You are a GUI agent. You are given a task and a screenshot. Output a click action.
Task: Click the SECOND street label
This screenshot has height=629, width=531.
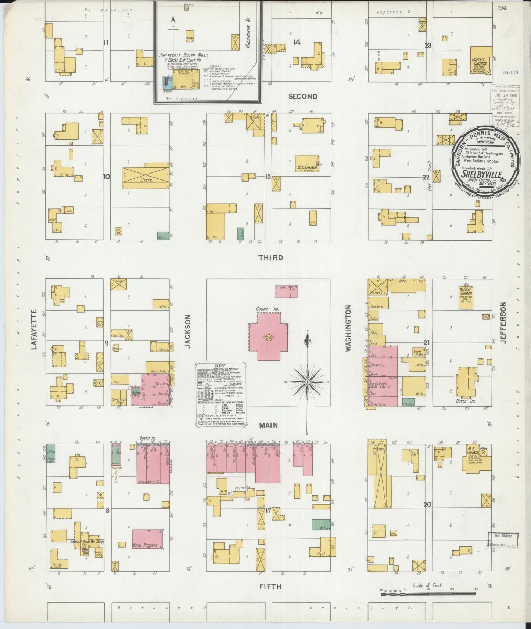pos(302,97)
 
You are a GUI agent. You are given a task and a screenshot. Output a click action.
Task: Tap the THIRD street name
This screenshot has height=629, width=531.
pos(270,258)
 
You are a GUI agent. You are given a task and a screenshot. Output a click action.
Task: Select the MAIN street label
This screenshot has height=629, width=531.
pos(268,425)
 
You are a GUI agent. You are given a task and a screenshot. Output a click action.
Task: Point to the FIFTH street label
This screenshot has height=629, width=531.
pos(270,587)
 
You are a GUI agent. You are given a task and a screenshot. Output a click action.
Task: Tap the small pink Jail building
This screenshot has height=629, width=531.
pos(286,291)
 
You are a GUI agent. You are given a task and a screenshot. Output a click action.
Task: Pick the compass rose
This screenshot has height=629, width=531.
pos(307,382)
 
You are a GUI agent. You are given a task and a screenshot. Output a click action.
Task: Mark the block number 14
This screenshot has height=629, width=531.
pos(296,42)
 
